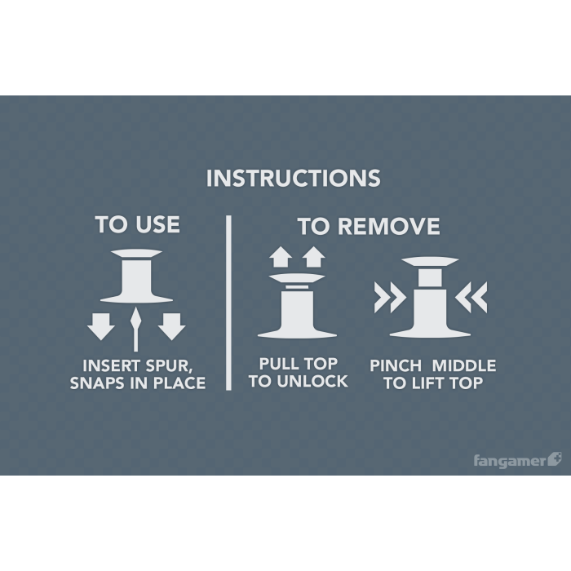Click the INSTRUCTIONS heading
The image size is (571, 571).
[x=293, y=178]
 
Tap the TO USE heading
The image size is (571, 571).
[x=138, y=224]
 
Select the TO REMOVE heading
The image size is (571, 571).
[x=369, y=226]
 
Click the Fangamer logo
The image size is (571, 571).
[x=517, y=460]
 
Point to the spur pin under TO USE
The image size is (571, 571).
[x=136, y=329]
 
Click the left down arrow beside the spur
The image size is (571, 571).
[x=101, y=326]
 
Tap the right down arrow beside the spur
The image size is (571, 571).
[x=171, y=326]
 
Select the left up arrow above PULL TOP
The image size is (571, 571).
[x=281, y=257]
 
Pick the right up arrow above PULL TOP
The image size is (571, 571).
[x=313, y=257]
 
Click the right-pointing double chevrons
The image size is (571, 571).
[x=390, y=297]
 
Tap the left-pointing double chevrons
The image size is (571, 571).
[x=471, y=297]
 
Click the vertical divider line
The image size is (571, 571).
[x=228, y=303]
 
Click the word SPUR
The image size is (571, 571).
[x=167, y=366]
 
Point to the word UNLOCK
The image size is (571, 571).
[x=312, y=381]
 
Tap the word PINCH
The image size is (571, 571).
[x=396, y=365]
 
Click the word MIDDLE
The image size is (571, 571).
[x=463, y=365]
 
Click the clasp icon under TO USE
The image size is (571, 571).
[x=136, y=276]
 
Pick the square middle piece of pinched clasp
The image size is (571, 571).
[x=430, y=277]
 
